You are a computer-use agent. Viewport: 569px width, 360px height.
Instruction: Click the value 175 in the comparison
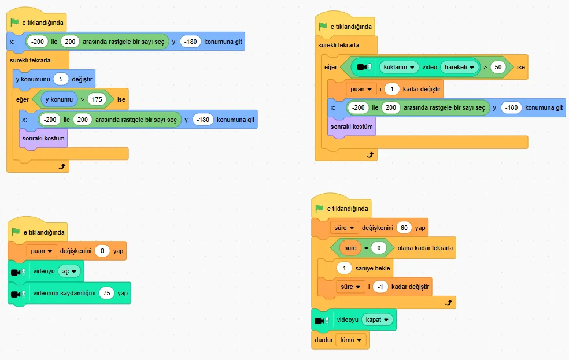click(x=97, y=99)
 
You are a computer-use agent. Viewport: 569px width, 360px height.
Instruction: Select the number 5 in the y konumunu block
click(x=61, y=79)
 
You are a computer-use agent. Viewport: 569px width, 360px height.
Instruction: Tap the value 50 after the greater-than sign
click(x=498, y=67)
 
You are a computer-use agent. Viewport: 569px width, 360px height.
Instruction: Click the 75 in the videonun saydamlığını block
click(x=106, y=293)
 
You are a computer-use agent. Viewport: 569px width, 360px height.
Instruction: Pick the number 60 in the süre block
click(x=404, y=228)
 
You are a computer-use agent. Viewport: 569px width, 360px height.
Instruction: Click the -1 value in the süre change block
click(x=380, y=287)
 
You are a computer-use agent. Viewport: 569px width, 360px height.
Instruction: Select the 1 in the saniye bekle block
click(x=345, y=268)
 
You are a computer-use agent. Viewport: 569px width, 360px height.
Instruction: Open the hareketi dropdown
click(x=459, y=67)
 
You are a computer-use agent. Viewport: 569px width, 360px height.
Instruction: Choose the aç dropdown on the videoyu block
click(x=69, y=271)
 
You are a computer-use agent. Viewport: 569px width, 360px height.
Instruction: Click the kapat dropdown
click(x=377, y=320)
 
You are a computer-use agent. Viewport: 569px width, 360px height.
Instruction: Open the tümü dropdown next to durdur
click(x=350, y=340)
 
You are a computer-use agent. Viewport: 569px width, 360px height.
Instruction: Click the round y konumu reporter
click(x=59, y=99)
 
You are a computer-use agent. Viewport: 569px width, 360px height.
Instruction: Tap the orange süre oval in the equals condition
click(x=350, y=248)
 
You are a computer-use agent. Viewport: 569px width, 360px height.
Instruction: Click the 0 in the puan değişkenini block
click(x=102, y=251)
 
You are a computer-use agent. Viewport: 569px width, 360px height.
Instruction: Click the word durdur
click(x=324, y=340)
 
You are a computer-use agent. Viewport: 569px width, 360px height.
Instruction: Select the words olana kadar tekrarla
click(x=425, y=248)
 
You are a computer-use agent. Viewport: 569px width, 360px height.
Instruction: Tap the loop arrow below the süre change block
click(x=449, y=302)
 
